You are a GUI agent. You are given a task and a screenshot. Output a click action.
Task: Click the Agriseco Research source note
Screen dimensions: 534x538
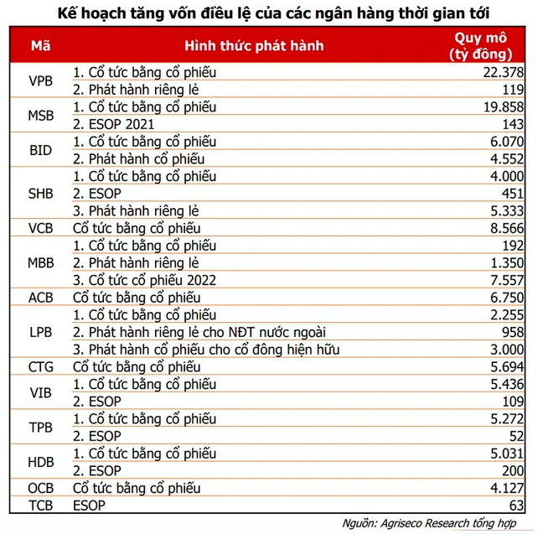[x=436, y=523]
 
